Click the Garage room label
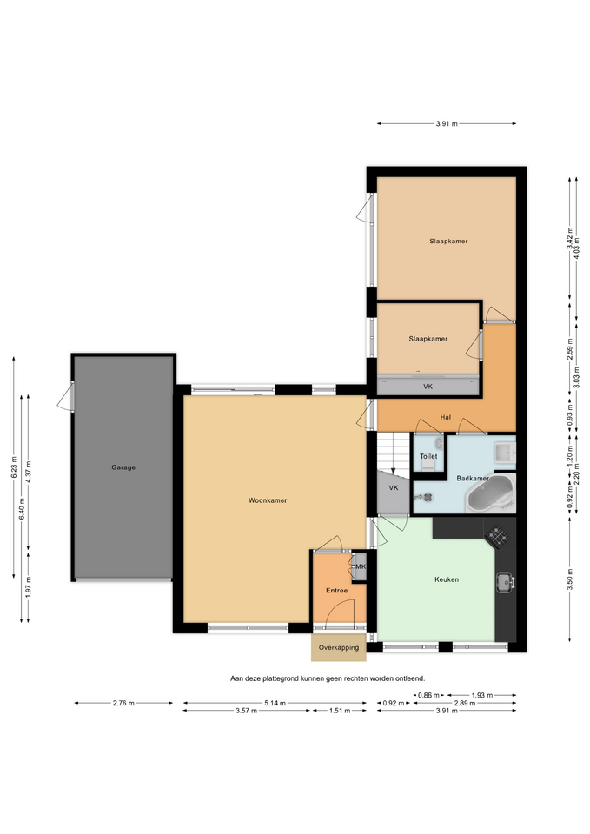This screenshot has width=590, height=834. tap(123, 467)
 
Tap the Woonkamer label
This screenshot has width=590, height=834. tap(268, 500)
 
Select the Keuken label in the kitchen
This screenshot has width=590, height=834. tap(447, 579)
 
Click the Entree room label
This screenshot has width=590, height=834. tap(337, 591)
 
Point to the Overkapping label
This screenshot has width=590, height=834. tap(339, 648)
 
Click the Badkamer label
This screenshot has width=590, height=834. tap(473, 479)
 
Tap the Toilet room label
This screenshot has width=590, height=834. tap(428, 456)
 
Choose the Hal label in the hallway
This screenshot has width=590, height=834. tap(445, 418)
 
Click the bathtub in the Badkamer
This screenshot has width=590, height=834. tap(491, 493)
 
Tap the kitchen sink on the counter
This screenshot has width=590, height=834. tap(505, 582)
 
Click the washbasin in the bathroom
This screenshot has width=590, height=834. tap(504, 453)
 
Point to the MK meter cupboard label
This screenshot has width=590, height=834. tap(361, 567)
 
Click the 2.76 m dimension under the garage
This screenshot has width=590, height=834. tap(123, 703)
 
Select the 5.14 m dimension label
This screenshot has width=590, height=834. tap(275, 703)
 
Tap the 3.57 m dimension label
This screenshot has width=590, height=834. tap(246, 711)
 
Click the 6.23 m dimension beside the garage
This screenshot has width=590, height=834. tap(14, 467)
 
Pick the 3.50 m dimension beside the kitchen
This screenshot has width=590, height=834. tap(570, 579)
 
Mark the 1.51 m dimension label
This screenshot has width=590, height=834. tap(339, 711)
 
